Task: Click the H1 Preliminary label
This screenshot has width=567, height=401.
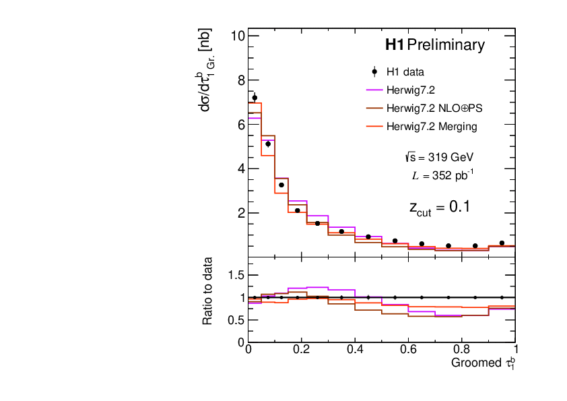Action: (434, 45)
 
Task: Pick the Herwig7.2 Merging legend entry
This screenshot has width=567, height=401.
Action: (431, 126)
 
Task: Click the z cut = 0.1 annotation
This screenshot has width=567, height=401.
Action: (439, 208)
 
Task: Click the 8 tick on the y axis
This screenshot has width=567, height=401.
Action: (240, 80)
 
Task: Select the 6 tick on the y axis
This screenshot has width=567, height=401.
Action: (240, 124)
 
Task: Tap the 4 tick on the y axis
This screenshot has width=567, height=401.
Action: (240, 168)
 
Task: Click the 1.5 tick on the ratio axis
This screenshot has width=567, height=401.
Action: (235, 275)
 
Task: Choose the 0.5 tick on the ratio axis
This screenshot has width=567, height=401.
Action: (235, 319)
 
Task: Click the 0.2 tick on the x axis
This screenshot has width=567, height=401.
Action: (302, 350)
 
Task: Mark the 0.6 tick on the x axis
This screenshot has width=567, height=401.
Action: (409, 350)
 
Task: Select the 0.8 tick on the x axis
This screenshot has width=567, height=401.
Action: (462, 350)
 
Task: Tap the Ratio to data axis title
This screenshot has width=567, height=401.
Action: (209, 291)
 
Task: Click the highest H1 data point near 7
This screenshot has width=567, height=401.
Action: (255, 98)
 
